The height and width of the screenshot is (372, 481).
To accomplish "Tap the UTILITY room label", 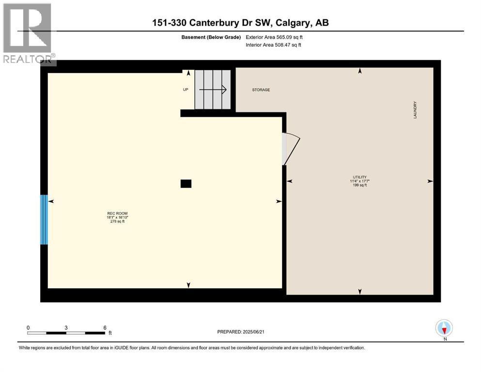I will [x=359, y=177].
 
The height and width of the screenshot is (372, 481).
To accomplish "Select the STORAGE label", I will [x=261, y=90].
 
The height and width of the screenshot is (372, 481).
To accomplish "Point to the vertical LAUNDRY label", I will [x=415, y=110].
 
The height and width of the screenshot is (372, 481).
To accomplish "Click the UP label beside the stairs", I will [x=186, y=90].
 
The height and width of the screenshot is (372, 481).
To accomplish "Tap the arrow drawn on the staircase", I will [x=216, y=89].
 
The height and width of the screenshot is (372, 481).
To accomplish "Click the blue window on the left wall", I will [x=44, y=219].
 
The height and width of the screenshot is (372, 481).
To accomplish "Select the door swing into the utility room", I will [x=291, y=148].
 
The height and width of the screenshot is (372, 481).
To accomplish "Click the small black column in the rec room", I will [x=186, y=184].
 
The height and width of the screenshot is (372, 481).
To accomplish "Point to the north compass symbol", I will [x=444, y=328].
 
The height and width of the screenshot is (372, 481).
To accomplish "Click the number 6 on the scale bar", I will [x=105, y=327].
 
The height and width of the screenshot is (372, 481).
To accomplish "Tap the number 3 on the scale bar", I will [x=66, y=327].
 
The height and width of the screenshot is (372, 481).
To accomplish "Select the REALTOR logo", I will [x=28, y=34].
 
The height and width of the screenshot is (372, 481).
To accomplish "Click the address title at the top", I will [x=240, y=23].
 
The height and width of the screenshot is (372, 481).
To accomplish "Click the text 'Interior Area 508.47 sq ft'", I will [x=274, y=45].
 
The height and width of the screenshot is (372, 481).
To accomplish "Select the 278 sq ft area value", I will [x=117, y=222].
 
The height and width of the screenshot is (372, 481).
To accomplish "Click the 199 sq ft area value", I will [x=359, y=185].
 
